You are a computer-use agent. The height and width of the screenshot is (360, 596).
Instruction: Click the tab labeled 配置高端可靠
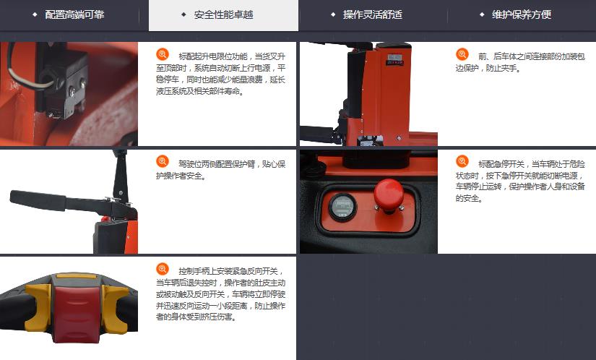74,15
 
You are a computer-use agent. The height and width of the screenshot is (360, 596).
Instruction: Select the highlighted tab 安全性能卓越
223,15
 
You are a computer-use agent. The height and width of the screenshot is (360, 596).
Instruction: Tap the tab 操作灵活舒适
373,15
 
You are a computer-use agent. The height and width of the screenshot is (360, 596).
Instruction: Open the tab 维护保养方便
522,15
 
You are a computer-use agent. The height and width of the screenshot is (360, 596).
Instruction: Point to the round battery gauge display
342,207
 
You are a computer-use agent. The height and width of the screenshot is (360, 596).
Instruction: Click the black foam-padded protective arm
38,200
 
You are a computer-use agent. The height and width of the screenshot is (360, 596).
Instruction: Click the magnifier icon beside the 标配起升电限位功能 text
163,54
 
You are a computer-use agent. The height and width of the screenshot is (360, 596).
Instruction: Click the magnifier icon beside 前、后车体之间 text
462,54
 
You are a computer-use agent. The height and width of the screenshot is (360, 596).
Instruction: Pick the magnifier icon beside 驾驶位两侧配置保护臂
163,161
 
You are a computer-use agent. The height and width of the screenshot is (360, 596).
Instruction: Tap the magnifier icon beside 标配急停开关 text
462,161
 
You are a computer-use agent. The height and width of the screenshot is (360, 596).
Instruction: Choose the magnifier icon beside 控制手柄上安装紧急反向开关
163,269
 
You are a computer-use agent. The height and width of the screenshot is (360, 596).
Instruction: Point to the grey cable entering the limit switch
24,70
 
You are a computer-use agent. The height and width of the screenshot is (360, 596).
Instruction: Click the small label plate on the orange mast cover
395,60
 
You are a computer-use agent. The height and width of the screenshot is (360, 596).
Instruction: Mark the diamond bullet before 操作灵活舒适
333,15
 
